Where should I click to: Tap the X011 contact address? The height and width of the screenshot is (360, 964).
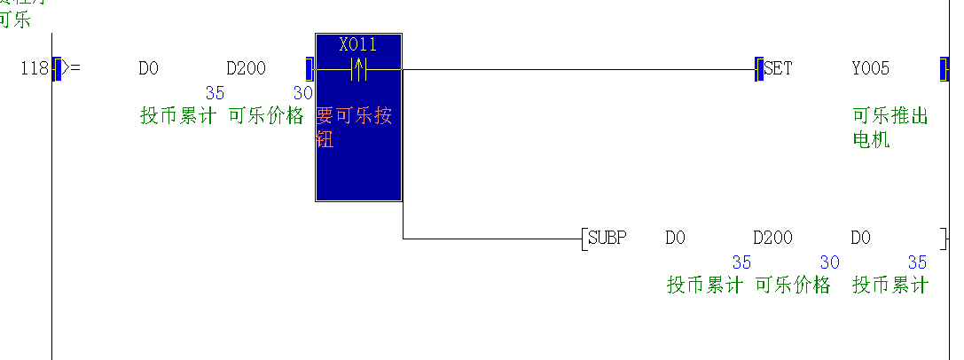pos(358,44)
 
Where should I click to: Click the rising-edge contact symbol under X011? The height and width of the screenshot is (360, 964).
pos(359,69)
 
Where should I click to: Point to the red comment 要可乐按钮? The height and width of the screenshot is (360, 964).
pos(353,128)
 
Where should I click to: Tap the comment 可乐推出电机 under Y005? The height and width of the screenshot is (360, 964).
pos(890,128)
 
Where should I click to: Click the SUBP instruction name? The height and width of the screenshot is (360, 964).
pos(607,238)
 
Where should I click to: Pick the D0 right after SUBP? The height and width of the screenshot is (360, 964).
pos(675,238)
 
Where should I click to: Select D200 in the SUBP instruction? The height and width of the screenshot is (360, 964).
pos(772,238)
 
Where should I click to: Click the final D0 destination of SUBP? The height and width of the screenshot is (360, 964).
pos(860,238)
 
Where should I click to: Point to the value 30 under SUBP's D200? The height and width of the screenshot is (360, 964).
pos(829,262)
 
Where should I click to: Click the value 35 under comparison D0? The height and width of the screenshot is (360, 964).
pos(215,93)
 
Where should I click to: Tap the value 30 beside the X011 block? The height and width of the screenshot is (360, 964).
pos(302,93)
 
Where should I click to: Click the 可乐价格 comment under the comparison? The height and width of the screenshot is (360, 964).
pos(266,116)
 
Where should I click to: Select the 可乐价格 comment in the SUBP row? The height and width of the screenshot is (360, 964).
pos(793,285)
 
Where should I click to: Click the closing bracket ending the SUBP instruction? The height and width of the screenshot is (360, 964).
pos(943,238)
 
